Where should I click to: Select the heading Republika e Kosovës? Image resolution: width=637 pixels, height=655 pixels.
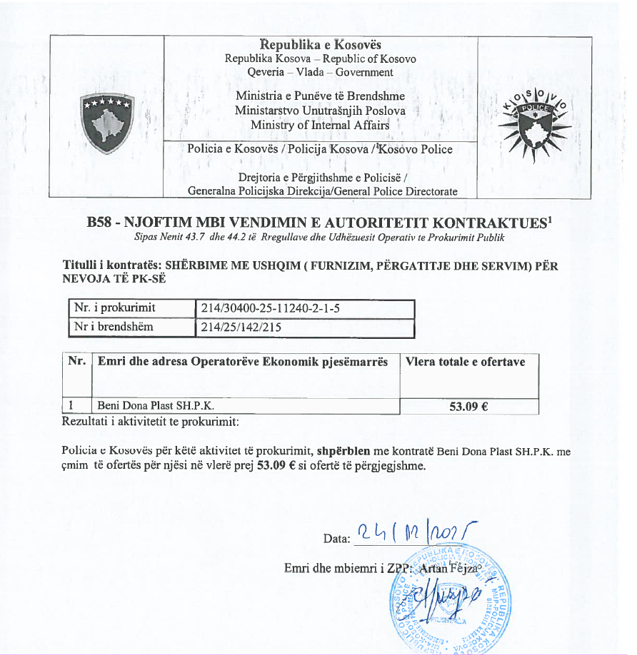pyautogui.click(x=320, y=45)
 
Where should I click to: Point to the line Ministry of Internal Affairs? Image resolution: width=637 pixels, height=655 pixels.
pyautogui.click(x=320, y=125)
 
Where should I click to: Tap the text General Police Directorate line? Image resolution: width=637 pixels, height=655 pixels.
pyautogui.click(x=321, y=191)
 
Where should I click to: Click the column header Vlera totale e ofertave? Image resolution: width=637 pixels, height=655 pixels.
pyautogui.click(x=465, y=362)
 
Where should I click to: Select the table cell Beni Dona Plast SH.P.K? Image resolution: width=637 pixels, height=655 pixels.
pyautogui.click(x=156, y=406)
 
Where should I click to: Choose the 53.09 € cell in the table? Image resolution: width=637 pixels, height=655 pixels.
pyautogui.click(x=468, y=407)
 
